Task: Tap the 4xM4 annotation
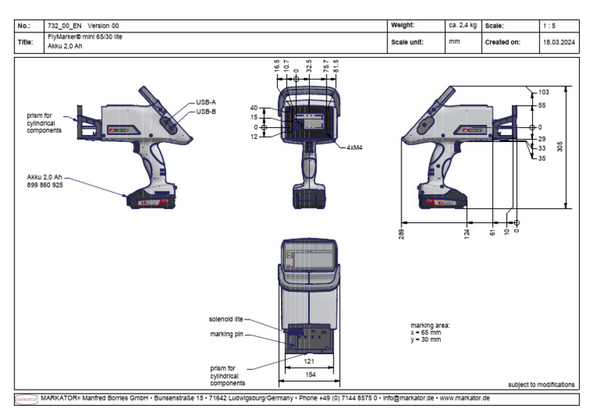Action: coord(357,147)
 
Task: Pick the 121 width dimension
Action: coord(309,360)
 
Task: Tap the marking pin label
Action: coord(227,334)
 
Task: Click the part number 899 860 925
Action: coord(46,186)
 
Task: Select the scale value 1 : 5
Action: coord(548,25)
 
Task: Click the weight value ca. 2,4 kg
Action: coord(463,25)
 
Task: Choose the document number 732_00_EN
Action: coord(66,25)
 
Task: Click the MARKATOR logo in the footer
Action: coord(27,398)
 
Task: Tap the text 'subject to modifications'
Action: coord(541,384)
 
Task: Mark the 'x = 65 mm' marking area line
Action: coord(425,332)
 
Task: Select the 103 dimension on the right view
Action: coord(544,92)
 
